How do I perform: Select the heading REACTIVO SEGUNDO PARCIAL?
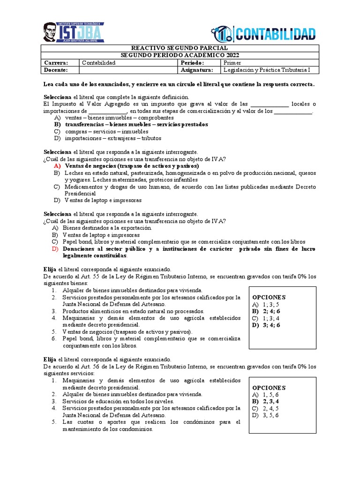pos(180,48)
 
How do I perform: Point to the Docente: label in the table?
pos(56,70)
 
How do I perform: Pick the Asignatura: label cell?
pos(196,70)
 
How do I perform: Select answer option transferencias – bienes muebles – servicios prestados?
pos(136,125)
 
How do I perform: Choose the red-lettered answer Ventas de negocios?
pos(131,166)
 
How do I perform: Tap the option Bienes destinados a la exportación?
pos(108,228)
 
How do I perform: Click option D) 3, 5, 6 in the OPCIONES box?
pos(266,415)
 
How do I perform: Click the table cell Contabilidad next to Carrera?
pos(98,63)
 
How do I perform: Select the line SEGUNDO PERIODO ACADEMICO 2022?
pos(180,55)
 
